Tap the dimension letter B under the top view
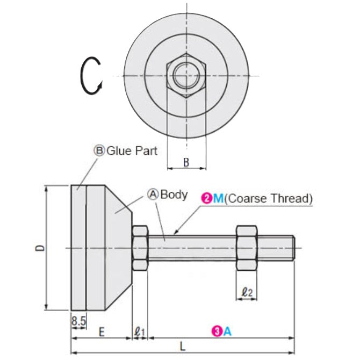(x=186, y=162)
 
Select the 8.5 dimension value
(x=78, y=322)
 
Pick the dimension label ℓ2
(x=248, y=292)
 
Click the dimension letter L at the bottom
(x=183, y=347)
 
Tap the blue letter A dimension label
(x=227, y=332)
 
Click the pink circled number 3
(x=217, y=332)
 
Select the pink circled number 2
(x=207, y=198)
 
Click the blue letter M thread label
(x=218, y=198)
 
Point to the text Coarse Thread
(x=268, y=198)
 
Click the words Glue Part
(x=132, y=150)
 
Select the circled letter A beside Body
(x=153, y=195)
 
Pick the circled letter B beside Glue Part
(x=99, y=151)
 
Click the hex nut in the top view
(x=186, y=75)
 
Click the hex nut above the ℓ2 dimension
(x=247, y=248)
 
